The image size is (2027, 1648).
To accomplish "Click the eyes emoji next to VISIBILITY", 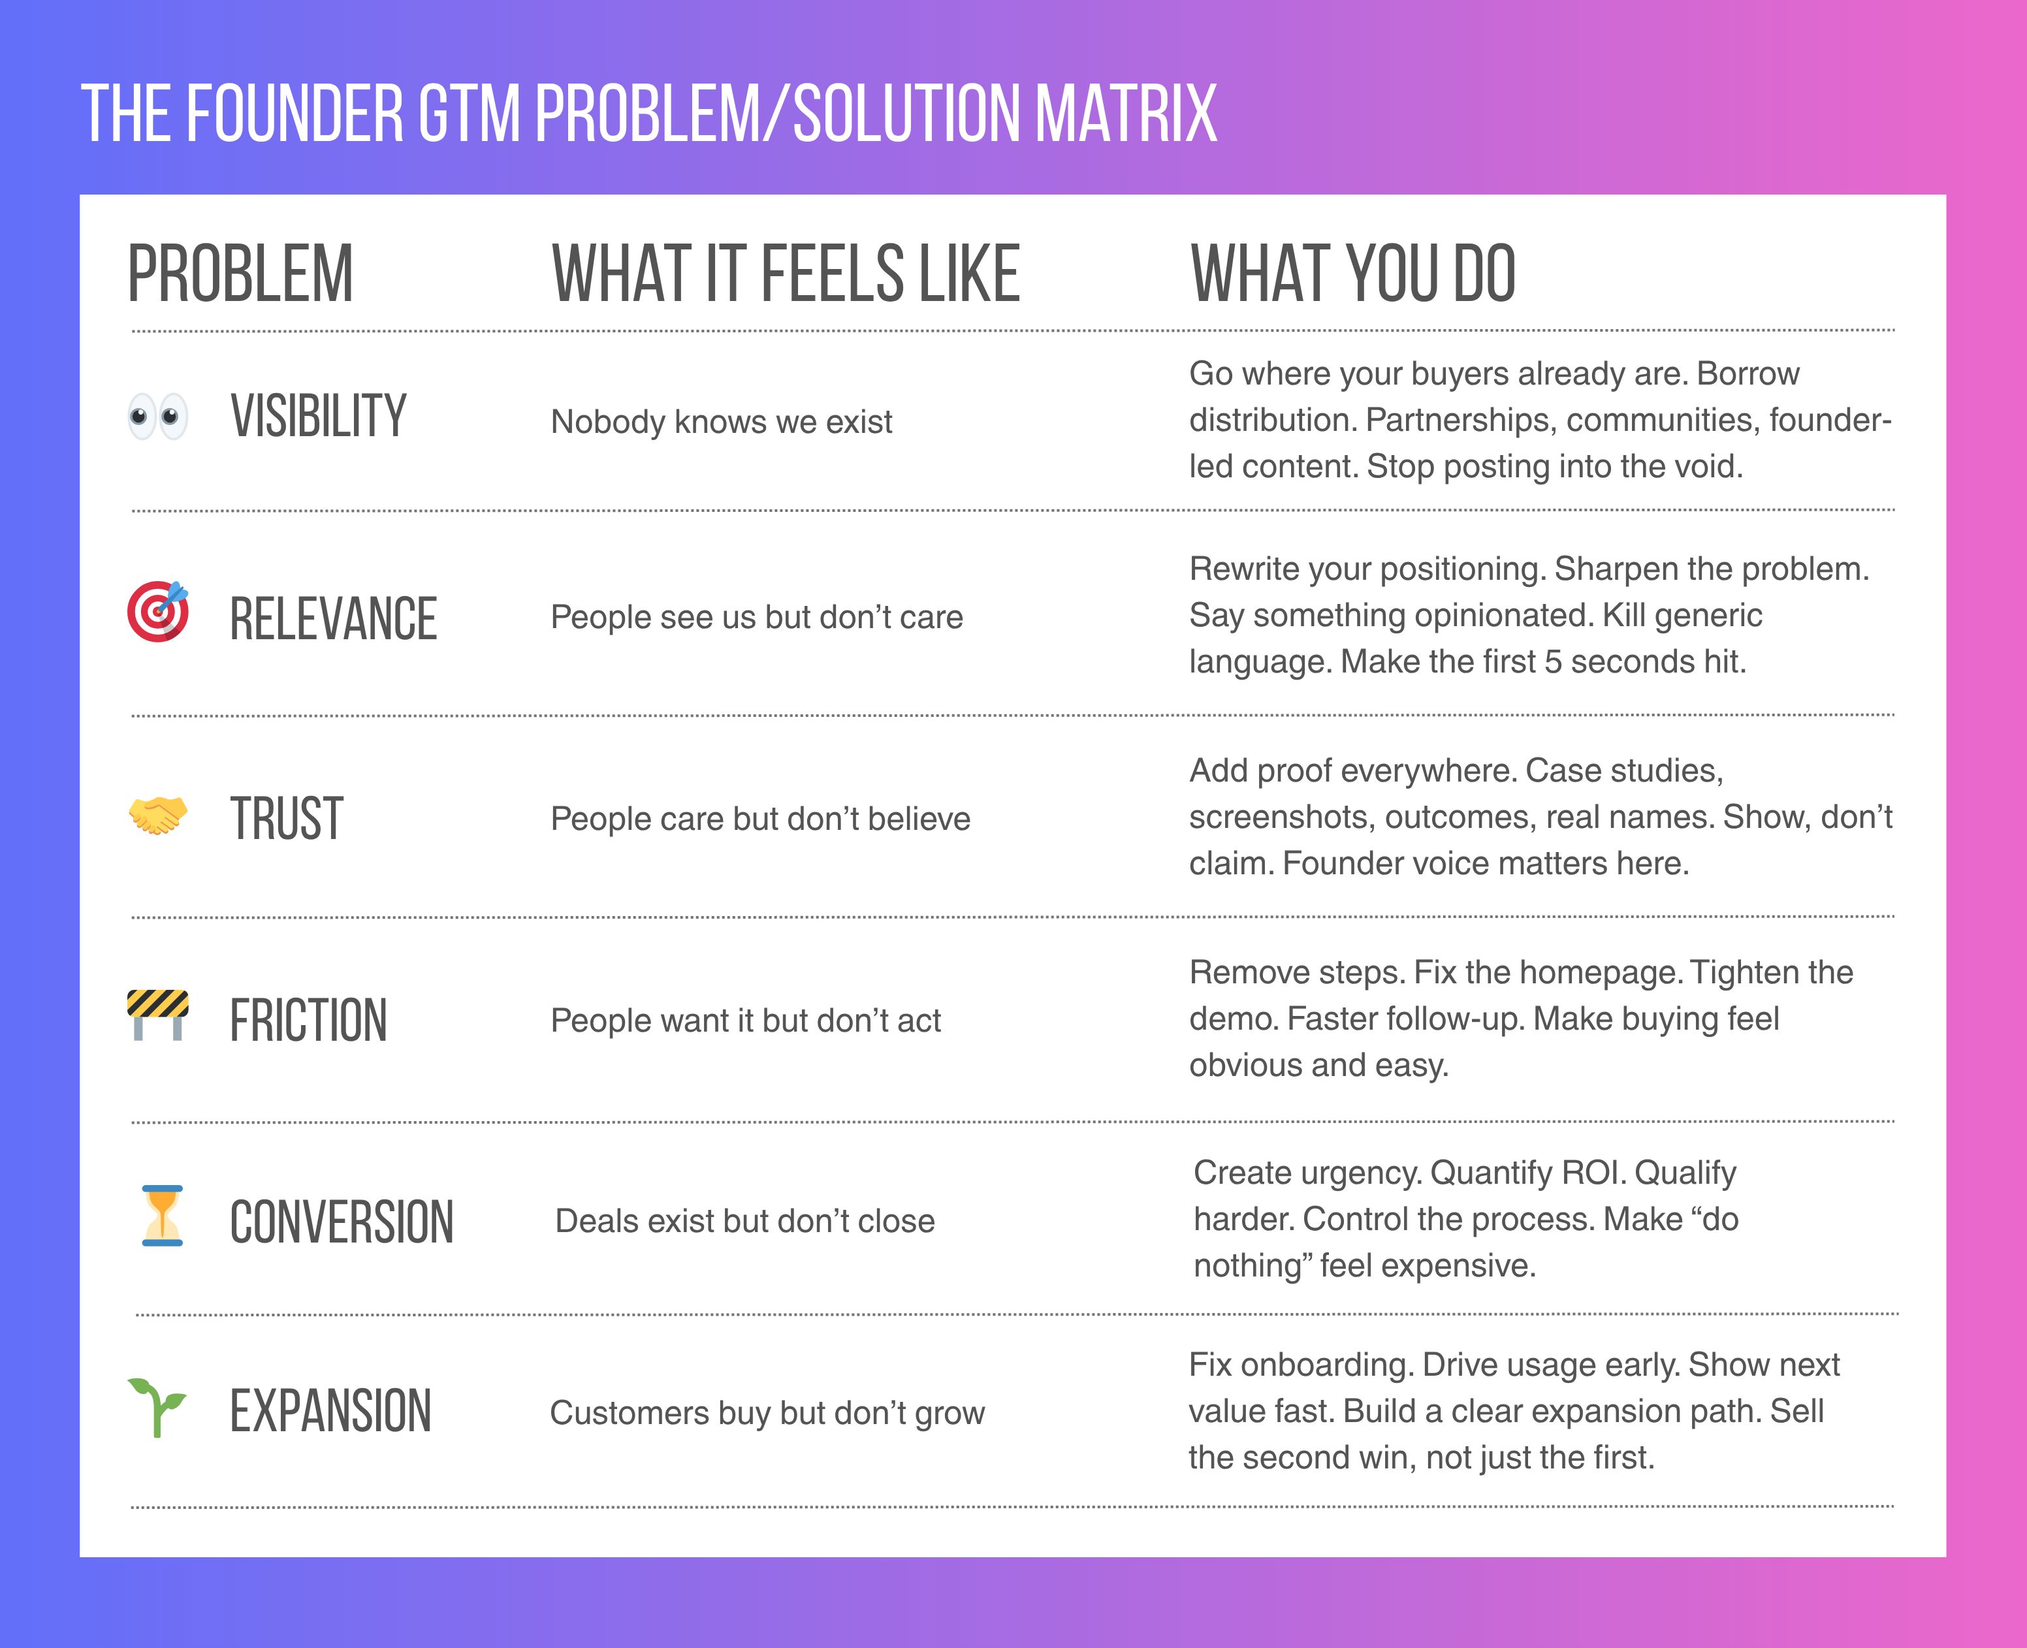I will (157, 417).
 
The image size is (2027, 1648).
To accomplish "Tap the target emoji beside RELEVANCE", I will (157, 611).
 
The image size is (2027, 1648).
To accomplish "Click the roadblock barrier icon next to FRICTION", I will (157, 1015).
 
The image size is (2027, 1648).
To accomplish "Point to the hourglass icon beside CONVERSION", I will (163, 1215).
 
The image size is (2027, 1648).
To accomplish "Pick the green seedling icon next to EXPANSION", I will (157, 1407).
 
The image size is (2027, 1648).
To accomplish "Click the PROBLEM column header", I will (240, 274).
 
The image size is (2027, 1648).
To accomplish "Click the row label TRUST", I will (286, 818).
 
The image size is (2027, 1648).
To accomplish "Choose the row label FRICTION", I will (309, 1021).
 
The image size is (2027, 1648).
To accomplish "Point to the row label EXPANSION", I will (330, 1411).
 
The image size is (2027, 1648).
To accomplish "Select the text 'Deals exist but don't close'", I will (744, 1221).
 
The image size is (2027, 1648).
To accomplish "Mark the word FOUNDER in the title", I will (295, 113).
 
